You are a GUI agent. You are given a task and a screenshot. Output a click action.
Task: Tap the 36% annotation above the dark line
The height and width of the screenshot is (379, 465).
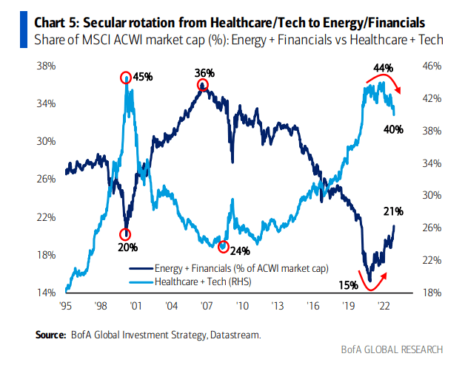204,72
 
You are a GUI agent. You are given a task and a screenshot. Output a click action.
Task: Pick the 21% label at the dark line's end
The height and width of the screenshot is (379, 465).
392,212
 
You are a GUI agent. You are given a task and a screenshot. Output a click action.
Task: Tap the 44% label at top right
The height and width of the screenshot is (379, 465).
384,68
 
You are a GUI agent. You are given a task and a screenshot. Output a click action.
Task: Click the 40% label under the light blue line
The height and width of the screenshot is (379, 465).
393,129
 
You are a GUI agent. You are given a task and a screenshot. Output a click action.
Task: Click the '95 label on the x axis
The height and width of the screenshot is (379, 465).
66,305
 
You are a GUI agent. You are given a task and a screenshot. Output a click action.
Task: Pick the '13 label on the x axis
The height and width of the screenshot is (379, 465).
278,305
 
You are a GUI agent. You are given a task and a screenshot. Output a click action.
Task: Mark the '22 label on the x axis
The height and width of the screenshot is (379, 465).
384,305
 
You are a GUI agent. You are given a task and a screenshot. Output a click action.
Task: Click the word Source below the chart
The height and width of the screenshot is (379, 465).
51,335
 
